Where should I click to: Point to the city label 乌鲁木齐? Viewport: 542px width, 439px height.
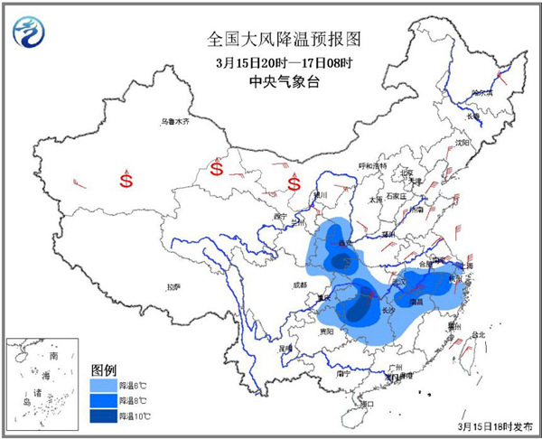click(176, 121)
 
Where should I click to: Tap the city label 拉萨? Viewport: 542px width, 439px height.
click(173, 286)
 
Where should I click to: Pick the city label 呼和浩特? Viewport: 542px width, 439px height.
click(371, 166)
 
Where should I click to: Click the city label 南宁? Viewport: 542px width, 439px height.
click(342, 372)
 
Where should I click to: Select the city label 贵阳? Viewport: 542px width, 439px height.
click(325, 332)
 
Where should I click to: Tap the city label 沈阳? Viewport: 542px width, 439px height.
click(463, 143)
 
